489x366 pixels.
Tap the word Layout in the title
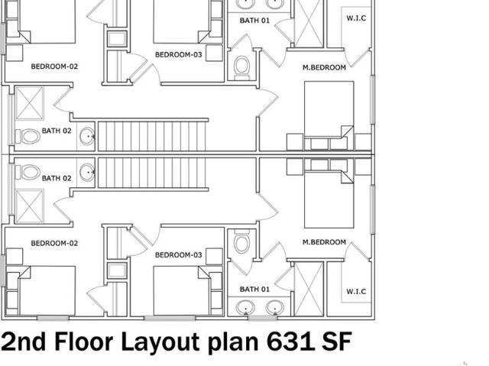click(160, 342)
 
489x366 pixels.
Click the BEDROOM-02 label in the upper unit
click(54, 66)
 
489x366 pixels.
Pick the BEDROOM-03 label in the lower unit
click(178, 255)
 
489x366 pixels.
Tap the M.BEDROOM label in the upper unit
click(324, 67)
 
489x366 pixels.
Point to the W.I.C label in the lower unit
click(356, 291)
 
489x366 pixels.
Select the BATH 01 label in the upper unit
click(254, 21)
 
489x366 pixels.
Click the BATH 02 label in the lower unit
click(57, 178)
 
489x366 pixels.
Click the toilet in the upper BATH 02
click(28, 137)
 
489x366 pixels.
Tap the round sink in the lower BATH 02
click(87, 173)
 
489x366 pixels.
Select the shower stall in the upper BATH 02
click(29, 103)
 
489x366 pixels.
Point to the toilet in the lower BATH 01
click(242, 241)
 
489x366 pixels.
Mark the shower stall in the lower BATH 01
click(309, 290)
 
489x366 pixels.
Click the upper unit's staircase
click(152, 136)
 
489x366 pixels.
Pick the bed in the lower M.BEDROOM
click(329, 194)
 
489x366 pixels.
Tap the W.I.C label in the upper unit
click(356, 18)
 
